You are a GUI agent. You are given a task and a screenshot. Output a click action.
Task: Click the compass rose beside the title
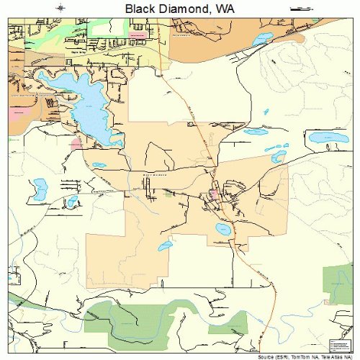[60, 9]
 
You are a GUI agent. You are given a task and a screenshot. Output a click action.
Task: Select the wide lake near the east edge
[328, 138]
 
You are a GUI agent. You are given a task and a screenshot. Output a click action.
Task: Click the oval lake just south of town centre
[222, 230]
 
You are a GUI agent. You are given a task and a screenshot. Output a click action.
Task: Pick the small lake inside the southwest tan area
[165, 246]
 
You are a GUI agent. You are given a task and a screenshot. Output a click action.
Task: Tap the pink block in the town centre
[213, 194]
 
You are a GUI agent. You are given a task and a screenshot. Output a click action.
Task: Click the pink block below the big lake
[76, 143]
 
